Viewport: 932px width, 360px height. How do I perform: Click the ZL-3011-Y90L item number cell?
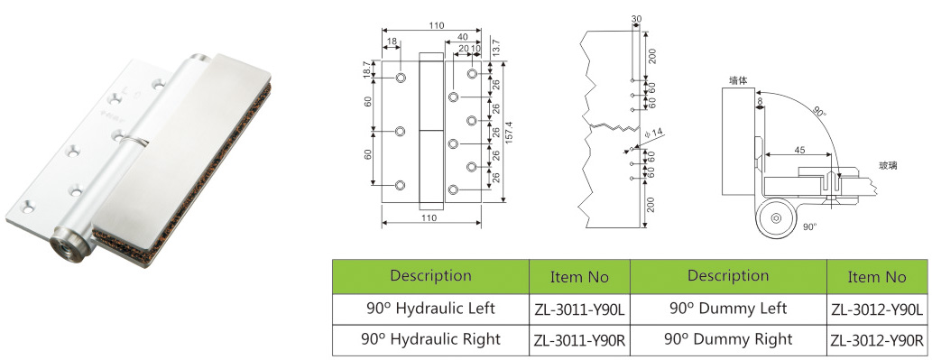[x=579, y=309]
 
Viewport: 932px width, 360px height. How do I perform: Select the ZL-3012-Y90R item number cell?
[x=877, y=340]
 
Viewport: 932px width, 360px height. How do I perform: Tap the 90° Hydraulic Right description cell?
[x=430, y=340]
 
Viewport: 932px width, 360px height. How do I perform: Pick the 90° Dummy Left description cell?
[x=728, y=309]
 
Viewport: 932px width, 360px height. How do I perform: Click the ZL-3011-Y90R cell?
[x=579, y=340]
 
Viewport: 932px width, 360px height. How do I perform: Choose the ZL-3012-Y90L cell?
[x=877, y=309]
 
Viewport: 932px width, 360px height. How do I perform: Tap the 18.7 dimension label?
[x=366, y=69]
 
